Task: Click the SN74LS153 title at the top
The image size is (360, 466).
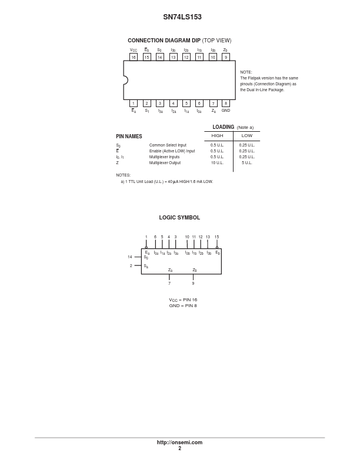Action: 182,17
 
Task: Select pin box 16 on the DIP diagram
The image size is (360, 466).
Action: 134,57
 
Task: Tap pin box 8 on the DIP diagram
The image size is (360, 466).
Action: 226,103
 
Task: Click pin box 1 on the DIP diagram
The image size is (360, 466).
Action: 134,103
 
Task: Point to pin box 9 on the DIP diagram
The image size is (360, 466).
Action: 226,57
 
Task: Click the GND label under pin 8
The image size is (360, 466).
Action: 226,110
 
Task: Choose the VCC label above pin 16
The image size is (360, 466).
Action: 134,50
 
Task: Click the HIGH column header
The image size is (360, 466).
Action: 217,135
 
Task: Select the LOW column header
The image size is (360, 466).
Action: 247,135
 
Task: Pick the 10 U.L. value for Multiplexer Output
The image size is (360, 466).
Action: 217,163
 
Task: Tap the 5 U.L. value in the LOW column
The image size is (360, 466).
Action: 247,163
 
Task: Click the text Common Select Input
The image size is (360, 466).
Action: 168,145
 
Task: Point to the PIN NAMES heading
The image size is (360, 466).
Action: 129,137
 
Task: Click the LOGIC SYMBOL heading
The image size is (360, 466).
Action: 179,218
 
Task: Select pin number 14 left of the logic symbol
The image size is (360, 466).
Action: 130,257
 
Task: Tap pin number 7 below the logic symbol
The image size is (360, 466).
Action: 169,283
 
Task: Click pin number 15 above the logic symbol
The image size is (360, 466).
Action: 217,237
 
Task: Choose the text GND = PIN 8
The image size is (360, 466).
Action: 183,305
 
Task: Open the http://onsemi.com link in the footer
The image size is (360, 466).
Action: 179,442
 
